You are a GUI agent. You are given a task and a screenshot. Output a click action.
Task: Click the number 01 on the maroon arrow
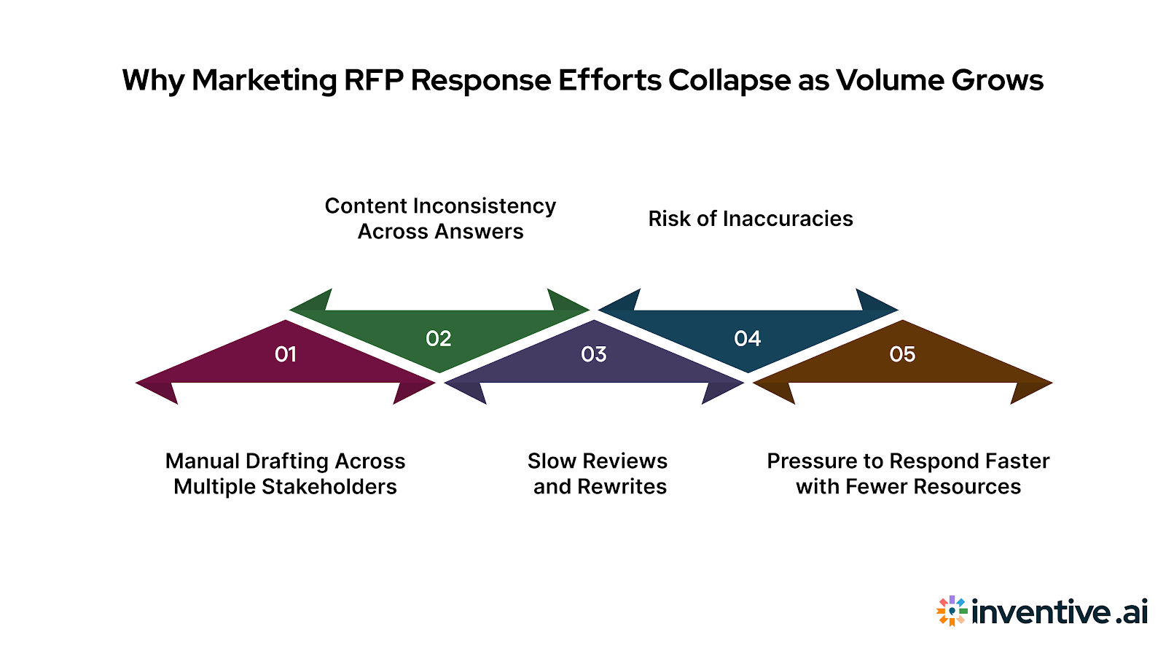(x=285, y=354)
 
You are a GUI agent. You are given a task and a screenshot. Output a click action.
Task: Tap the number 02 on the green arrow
(x=439, y=338)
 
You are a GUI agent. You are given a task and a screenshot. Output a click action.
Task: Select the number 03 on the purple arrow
(x=593, y=354)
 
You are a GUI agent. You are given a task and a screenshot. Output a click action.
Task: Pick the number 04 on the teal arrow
(x=748, y=338)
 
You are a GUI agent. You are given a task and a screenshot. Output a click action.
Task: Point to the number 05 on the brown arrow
(x=902, y=354)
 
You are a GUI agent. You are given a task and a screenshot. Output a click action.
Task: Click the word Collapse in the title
(x=729, y=81)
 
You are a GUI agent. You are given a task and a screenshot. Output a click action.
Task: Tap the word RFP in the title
(x=373, y=80)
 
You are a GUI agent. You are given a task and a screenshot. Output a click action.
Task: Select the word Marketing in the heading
(x=264, y=81)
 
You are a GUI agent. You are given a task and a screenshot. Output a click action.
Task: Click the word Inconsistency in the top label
(x=484, y=206)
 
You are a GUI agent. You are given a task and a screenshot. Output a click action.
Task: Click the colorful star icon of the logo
(x=952, y=611)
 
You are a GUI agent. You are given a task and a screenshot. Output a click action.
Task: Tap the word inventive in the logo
(x=1041, y=611)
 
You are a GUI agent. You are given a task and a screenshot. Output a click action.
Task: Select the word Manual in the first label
(x=202, y=461)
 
